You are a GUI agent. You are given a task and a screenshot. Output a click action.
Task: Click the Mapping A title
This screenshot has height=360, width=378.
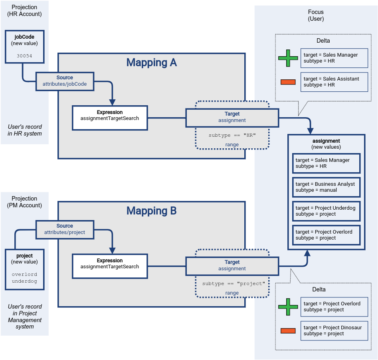[x=151, y=63]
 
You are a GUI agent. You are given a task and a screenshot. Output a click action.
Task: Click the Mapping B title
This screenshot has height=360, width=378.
[x=151, y=211]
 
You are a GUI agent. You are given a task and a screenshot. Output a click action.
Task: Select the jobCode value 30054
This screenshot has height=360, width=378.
[x=25, y=56]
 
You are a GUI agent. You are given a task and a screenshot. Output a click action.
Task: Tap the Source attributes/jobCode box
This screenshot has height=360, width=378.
[x=65, y=81]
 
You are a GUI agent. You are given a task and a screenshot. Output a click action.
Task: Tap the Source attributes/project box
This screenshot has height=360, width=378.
[x=65, y=229]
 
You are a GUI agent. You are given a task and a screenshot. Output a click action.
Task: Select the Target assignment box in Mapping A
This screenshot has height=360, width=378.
[x=232, y=117]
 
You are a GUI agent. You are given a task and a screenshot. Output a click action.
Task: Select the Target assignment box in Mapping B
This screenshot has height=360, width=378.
[x=232, y=266]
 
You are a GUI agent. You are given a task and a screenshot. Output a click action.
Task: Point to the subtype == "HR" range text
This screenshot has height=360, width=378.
[x=232, y=136]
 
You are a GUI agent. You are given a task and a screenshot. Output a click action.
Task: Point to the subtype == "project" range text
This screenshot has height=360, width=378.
[x=234, y=284]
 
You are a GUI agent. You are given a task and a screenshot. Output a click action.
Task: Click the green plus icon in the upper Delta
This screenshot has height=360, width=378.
[x=288, y=58]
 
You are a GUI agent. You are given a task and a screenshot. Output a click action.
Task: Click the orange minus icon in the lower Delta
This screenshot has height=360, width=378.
[x=288, y=330]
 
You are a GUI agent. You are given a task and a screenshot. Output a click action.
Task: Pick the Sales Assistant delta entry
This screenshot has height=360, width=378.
[x=334, y=82]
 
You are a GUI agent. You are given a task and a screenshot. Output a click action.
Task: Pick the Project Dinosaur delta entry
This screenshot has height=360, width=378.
[x=334, y=330]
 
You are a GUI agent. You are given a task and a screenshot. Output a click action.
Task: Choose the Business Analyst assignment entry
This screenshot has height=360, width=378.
[x=326, y=187]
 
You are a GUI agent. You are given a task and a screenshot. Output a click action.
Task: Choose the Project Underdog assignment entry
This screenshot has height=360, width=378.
[x=326, y=211]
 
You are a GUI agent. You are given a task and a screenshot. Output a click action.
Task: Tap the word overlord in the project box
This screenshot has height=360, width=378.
[x=24, y=274]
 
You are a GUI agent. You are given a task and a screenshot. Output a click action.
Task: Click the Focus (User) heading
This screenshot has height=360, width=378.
[x=316, y=16]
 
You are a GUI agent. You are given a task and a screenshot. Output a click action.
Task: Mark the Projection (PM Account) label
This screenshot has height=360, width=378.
[x=24, y=202]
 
